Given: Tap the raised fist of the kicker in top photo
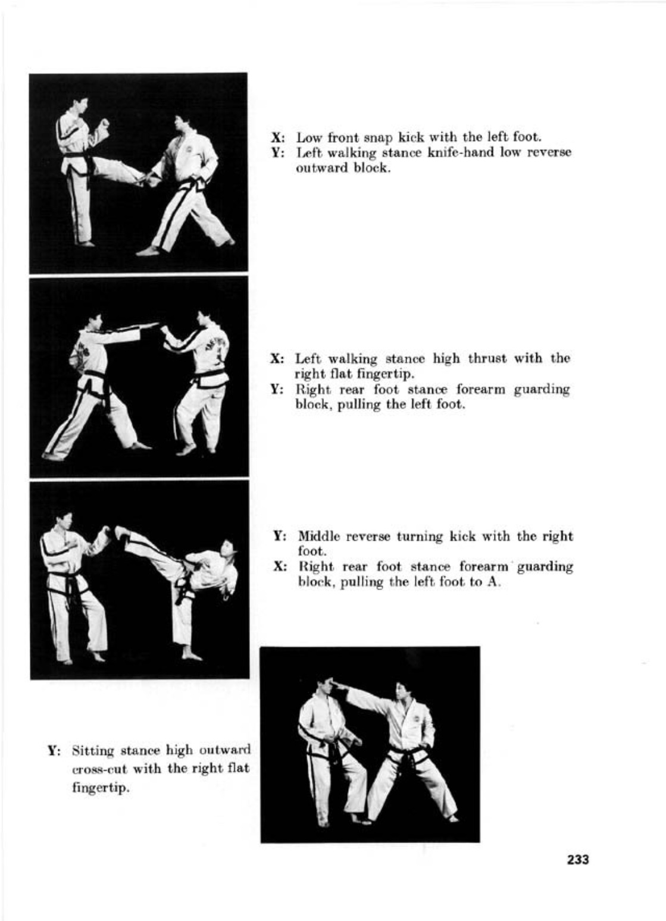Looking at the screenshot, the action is pos(105,123).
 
